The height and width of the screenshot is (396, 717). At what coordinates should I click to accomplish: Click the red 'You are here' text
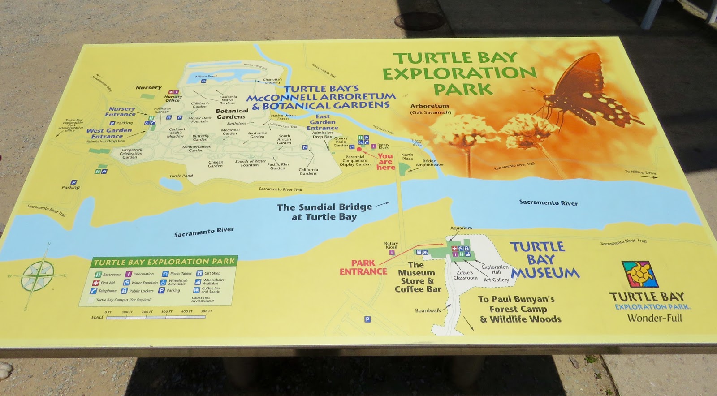point(385,162)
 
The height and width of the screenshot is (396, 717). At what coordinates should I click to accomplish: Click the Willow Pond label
point(205,77)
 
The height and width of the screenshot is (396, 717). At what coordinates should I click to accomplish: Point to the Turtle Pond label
point(181,176)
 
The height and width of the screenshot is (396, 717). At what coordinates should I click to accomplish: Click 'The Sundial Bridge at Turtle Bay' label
point(324,212)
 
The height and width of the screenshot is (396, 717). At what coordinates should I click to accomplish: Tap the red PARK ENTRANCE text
point(363,267)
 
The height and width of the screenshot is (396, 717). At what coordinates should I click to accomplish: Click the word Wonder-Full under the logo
point(654,318)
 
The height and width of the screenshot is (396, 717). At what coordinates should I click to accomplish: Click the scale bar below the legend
point(157,317)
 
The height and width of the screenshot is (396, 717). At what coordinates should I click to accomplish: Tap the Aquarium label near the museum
point(461,228)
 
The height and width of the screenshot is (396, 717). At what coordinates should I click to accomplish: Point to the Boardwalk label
point(428,310)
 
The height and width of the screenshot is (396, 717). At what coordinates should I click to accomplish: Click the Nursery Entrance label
point(121,112)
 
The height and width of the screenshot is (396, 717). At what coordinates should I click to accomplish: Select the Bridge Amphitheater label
point(429,163)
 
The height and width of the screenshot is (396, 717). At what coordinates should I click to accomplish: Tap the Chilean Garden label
point(215,164)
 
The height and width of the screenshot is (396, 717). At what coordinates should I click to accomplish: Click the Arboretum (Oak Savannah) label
point(430,109)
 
